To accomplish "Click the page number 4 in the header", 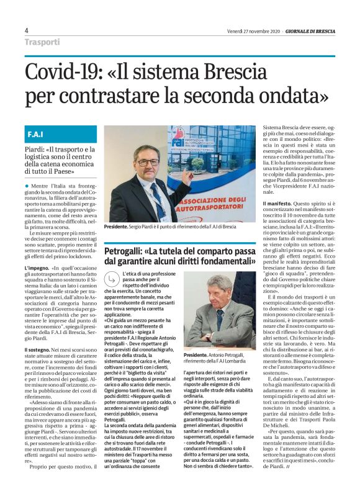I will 26,30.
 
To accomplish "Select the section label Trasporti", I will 42,42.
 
